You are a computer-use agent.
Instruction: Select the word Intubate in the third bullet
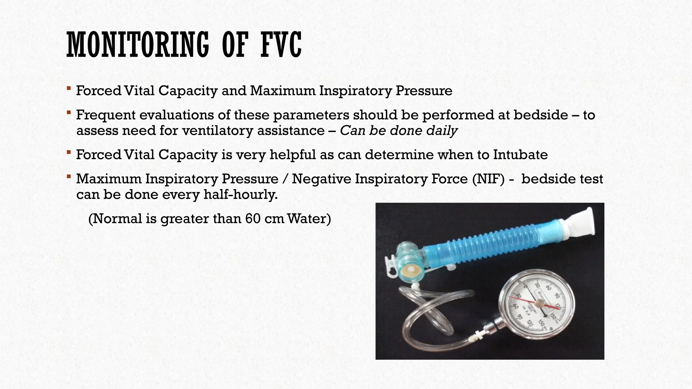pyautogui.click(x=520, y=155)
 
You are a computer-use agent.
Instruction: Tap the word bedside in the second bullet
pyautogui.click(x=541, y=115)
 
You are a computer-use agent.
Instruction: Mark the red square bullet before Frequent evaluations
pyautogui.click(x=69, y=112)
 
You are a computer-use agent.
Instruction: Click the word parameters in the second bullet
pyautogui.click(x=311, y=115)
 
